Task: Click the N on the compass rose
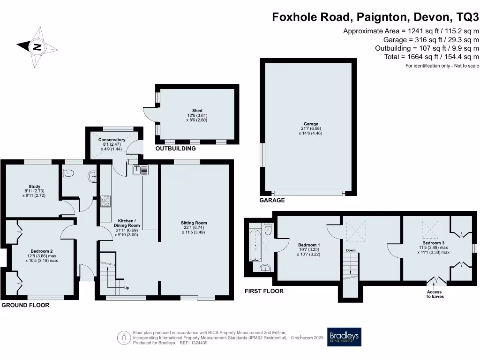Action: tap(37, 47)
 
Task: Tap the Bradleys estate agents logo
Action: tap(344, 337)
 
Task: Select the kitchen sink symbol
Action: tap(141, 170)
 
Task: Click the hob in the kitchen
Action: tap(105, 201)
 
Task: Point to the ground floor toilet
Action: tap(68, 173)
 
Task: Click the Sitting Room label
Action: tap(194, 223)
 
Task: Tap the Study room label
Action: tap(34, 186)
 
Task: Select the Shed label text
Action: tap(197, 111)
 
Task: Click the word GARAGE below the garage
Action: tap(272, 200)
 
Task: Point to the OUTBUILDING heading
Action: tap(175, 149)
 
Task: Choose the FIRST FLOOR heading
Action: tap(264, 291)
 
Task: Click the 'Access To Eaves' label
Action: tap(435, 294)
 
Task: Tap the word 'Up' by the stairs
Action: tap(127, 288)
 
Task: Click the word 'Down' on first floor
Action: tap(351, 250)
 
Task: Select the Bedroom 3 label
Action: tap(433, 243)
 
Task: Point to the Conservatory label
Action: tap(112, 140)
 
